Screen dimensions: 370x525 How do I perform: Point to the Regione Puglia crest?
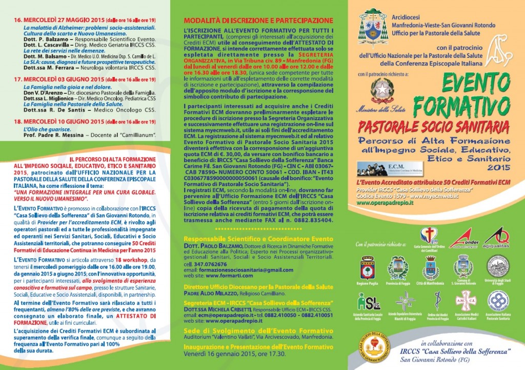click(x=368, y=267)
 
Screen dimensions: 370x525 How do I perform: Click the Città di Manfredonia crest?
click(x=431, y=267)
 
